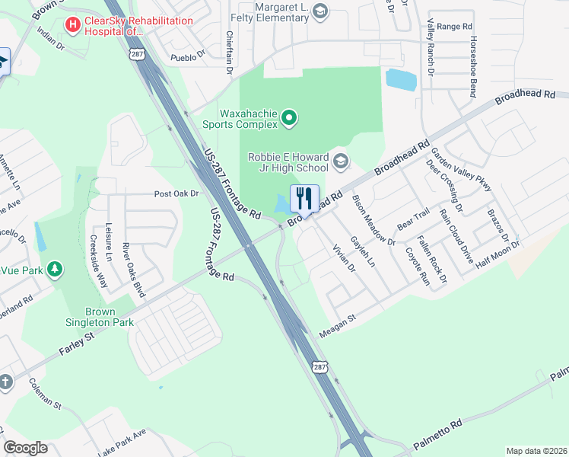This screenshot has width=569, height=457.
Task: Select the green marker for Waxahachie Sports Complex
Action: click(288, 117)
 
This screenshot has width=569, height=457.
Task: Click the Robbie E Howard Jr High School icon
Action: click(340, 160)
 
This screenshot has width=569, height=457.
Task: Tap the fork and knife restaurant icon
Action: click(305, 199)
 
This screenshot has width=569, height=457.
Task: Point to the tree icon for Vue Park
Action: click(54, 269)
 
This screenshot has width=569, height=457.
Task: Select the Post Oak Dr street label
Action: click(176, 194)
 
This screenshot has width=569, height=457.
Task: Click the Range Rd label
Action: click(455, 27)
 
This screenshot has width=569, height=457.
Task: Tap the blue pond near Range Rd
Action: click(401, 79)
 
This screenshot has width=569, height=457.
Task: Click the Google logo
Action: click(24, 448)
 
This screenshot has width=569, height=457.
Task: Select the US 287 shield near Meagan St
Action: click(319, 367)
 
